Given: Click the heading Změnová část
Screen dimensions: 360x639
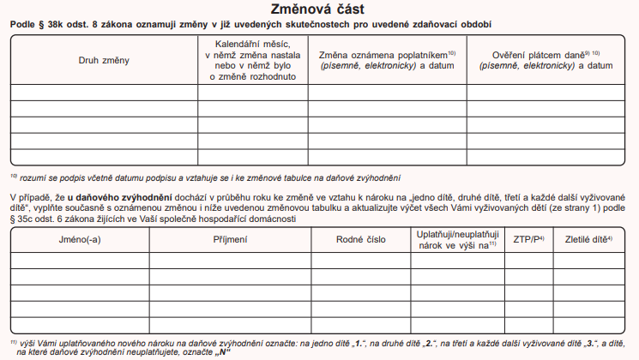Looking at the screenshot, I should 318,10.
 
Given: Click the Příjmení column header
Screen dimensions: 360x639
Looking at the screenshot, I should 230,240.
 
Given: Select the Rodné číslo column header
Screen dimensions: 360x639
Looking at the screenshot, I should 360,240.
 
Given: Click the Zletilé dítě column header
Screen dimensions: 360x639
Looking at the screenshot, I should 588,240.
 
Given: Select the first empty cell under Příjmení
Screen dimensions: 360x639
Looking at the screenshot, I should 230,260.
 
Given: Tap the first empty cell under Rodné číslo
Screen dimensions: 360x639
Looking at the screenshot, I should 360,260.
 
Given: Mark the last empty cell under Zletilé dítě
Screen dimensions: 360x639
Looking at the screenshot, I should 588,325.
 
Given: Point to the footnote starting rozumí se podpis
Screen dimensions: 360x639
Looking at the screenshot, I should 206,178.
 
